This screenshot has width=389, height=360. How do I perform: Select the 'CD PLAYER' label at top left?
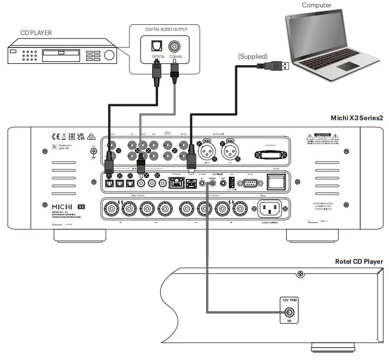click(36, 34)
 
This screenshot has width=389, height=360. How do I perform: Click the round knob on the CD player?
click(109, 54)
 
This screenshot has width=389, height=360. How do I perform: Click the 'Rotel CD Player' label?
click(359, 261)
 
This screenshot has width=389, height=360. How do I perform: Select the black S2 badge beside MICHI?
click(81, 204)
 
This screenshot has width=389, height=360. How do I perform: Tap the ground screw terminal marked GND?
click(92, 153)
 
